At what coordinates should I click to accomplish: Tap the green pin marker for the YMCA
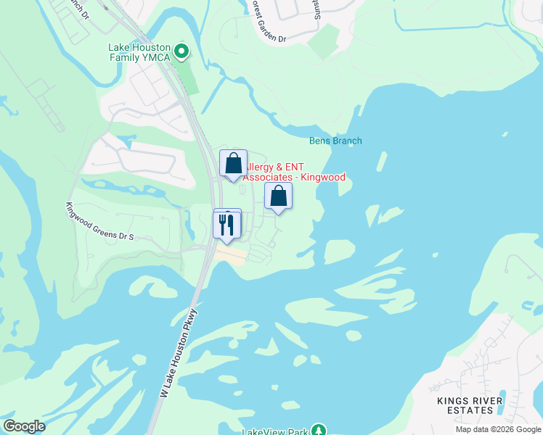click(x=182, y=51)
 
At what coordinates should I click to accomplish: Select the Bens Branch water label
click(x=335, y=141)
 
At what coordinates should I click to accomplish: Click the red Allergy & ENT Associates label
click(x=293, y=172)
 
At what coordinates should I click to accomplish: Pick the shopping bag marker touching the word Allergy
click(x=233, y=164)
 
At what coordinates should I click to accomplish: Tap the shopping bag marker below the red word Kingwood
click(x=277, y=196)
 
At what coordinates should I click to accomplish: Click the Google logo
click(x=24, y=426)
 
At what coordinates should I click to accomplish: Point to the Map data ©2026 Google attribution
click(x=498, y=429)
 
